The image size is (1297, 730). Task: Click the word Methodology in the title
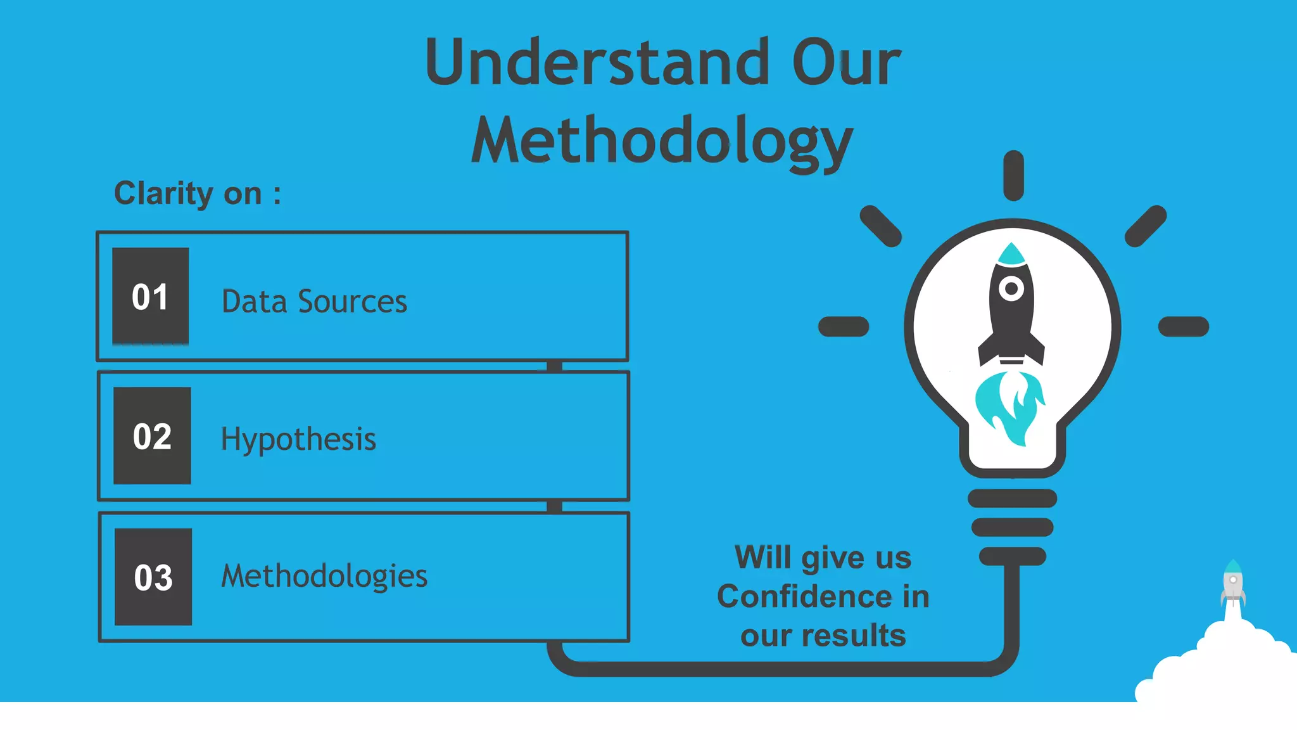click(x=662, y=141)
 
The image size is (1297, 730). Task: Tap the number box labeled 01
click(x=151, y=297)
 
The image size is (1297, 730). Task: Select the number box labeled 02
click(x=152, y=436)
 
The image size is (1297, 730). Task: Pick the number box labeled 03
click(x=153, y=577)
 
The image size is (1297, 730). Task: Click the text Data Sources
click(x=314, y=302)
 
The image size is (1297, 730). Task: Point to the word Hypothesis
click(x=298, y=439)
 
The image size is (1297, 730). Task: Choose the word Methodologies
click(x=324, y=576)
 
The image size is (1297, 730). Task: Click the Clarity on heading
click(x=197, y=193)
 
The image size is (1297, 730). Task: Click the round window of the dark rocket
click(x=1011, y=289)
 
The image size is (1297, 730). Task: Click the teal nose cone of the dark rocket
click(x=1011, y=253)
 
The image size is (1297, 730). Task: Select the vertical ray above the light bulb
click(x=1013, y=176)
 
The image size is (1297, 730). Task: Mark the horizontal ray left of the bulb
click(x=844, y=327)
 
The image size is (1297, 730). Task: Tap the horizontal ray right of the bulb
click(x=1183, y=327)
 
